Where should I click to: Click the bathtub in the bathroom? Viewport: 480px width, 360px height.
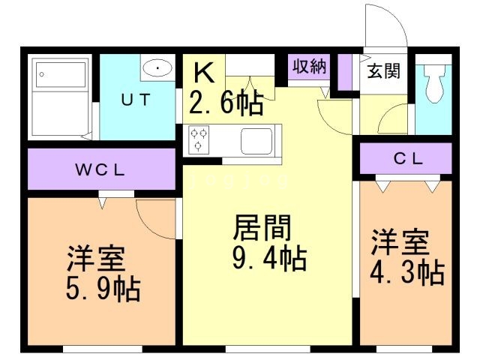click(62, 96)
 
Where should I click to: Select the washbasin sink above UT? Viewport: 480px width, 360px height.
click(157, 68)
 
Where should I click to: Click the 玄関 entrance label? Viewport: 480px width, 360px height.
click(383, 70)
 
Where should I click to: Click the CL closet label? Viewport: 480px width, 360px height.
click(409, 159)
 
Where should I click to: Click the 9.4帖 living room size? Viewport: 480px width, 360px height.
click(268, 259)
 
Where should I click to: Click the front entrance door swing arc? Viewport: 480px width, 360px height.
click(386, 22)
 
